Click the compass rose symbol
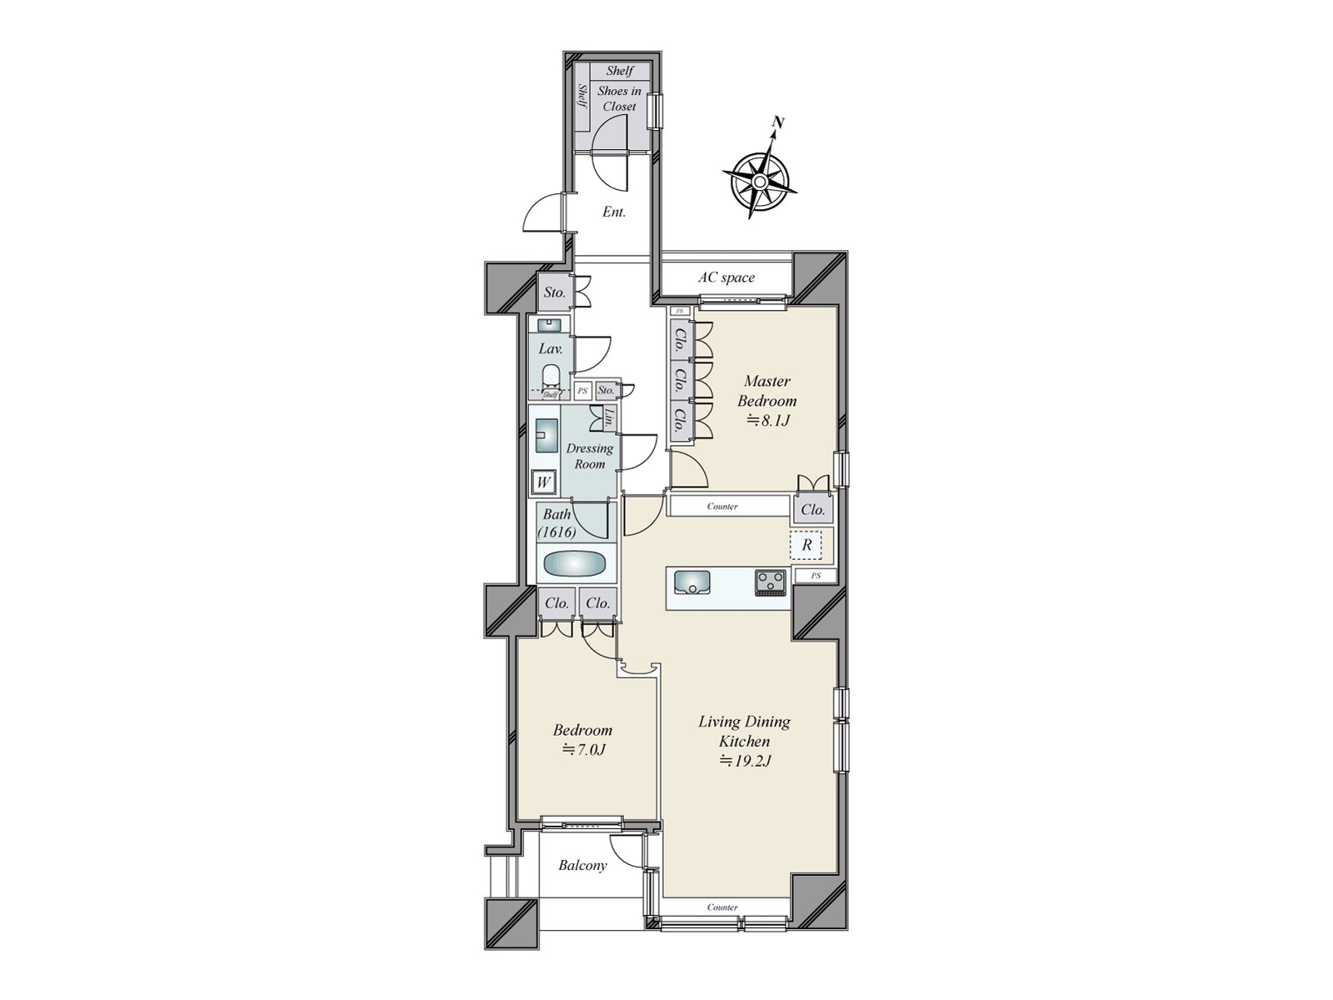(760, 180)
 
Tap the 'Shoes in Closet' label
(619, 98)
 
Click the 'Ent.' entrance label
(614, 212)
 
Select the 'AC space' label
(726, 277)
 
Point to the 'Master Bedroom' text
(766, 391)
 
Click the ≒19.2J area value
(744, 760)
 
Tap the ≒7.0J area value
(582, 749)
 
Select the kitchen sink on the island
(691, 582)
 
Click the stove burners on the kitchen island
(771, 582)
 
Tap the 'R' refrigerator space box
(806, 545)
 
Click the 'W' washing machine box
(544, 482)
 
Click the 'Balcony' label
(582, 866)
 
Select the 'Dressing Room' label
(589, 456)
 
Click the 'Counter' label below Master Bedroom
(722, 507)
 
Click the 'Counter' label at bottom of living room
(722, 907)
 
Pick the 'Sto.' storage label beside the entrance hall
(554, 292)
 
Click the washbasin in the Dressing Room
(547, 435)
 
